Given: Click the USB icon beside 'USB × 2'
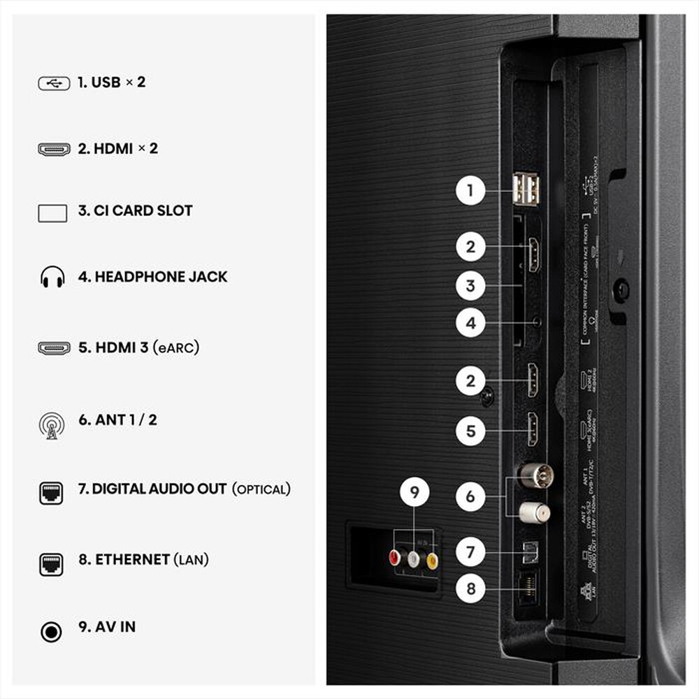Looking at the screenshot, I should click(53, 82).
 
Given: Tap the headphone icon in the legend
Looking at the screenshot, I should click(52, 278).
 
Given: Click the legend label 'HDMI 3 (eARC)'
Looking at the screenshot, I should click(138, 347).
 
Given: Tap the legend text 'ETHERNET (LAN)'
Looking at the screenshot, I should click(143, 559).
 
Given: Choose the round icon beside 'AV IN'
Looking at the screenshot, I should click(52, 632).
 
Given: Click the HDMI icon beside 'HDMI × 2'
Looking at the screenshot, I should click(53, 149).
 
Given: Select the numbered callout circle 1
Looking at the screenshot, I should click(470, 189).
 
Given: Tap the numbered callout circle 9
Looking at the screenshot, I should click(415, 493).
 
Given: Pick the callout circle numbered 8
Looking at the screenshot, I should click(470, 589).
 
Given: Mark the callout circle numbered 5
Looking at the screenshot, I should click(470, 430).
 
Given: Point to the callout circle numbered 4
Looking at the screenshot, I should click(470, 323).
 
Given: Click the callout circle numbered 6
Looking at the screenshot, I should click(470, 496).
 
